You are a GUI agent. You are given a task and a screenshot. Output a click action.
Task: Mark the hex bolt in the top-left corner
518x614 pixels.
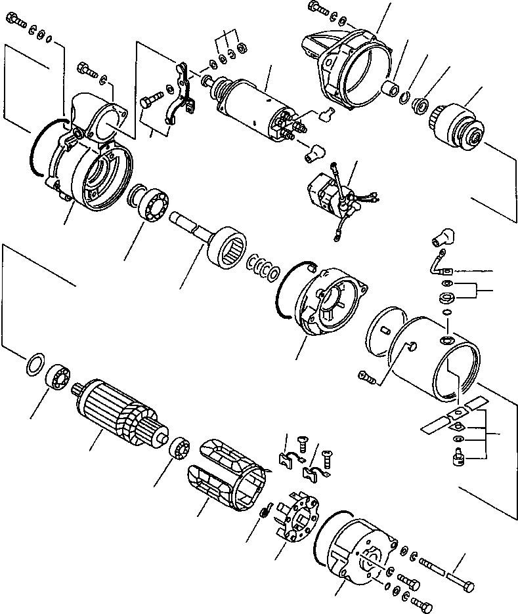(18, 24)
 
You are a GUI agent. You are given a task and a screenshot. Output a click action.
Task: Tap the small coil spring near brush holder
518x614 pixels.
(265, 511)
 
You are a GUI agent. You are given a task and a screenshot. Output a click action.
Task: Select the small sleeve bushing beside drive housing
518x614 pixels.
(391, 89)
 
